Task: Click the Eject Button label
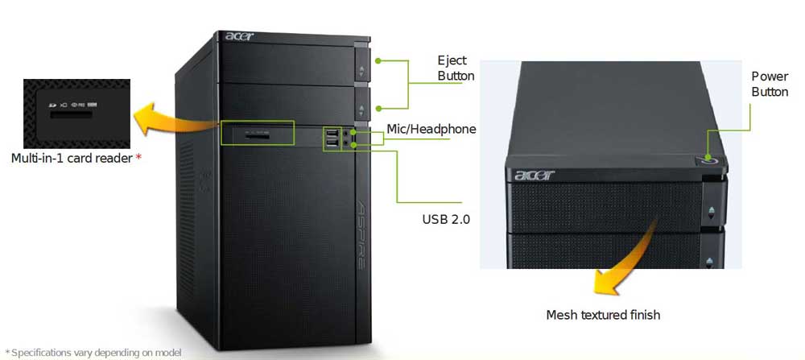[456, 68]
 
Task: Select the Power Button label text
[770, 84]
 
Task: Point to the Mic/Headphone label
[431, 129]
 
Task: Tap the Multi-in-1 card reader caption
[71, 158]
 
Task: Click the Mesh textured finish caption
[603, 314]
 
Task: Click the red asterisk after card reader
[138, 158]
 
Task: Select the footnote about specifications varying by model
[93, 353]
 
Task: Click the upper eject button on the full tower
[361, 68]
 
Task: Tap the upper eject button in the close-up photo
[712, 213]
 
